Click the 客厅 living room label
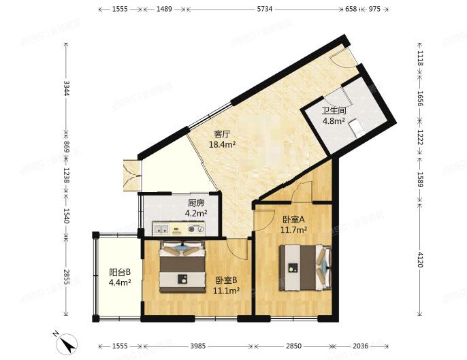click(222, 134)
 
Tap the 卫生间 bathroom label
click(334, 110)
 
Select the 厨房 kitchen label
click(197, 203)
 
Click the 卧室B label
click(227, 280)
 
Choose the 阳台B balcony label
click(120, 272)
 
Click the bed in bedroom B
click(182, 267)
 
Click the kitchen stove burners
click(196, 228)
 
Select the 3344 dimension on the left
click(65, 88)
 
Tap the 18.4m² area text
click(222, 144)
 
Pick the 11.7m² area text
click(294, 229)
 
